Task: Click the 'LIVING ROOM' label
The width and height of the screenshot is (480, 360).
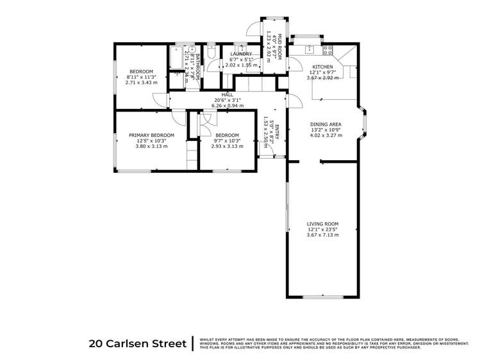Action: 322,224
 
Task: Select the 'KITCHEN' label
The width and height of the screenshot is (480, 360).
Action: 322,67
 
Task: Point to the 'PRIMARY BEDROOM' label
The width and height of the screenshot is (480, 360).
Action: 151,135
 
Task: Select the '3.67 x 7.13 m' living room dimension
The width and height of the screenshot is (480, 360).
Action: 322,235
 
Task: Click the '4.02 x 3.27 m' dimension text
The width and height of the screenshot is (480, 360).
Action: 326,135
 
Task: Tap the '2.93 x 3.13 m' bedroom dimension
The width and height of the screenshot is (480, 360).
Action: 227,146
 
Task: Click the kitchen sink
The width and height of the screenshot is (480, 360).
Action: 310,49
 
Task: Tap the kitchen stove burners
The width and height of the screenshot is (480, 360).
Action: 328,49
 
